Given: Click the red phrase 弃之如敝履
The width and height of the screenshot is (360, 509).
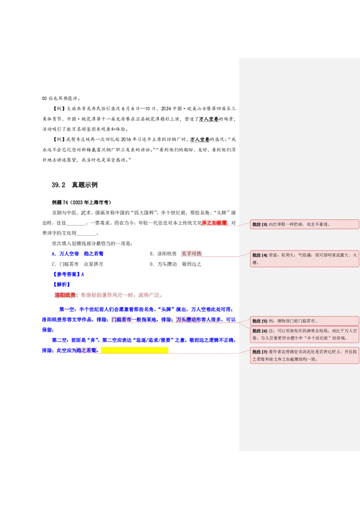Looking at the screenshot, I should tap(214, 223).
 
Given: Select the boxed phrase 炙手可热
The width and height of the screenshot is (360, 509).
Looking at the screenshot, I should tap(191, 254).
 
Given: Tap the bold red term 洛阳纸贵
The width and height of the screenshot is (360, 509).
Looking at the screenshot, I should tap(66, 295).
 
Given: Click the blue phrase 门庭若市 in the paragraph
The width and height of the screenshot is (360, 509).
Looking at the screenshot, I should tap(121, 320).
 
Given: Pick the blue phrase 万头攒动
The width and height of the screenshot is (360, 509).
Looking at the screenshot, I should tap(186, 320).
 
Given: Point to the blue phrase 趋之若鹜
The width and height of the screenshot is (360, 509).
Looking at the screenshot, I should tap(86, 350).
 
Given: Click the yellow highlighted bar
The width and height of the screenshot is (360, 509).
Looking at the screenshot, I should tap(135, 350).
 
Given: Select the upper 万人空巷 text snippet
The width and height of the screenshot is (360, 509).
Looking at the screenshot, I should tap(209, 119).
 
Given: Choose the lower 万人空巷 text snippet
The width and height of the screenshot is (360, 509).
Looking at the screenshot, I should tap(200, 140).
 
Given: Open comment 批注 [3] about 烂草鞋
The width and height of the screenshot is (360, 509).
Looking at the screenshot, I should tap(304, 224).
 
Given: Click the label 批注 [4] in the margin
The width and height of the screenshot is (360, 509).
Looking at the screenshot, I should tap(260, 255).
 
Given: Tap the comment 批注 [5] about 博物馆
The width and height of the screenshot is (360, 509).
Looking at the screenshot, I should tap(304, 321).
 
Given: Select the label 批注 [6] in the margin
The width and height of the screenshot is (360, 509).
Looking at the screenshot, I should tap(260, 331).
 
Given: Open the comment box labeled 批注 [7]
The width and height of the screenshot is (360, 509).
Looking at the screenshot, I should tap(304, 355).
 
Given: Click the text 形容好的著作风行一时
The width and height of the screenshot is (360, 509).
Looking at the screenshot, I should tap(106, 295).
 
